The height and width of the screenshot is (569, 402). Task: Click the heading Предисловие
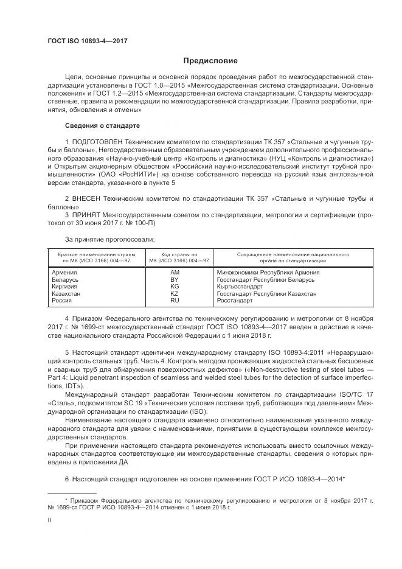pyautogui.click(x=211, y=61)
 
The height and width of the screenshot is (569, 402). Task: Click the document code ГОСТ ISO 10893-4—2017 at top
pyautogui.click(x=83, y=41)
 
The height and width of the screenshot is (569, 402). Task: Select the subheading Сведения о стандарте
pyautogui.click(x=102, y=125)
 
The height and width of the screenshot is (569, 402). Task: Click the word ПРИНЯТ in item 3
pyautogui.click(x=89, y=215)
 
